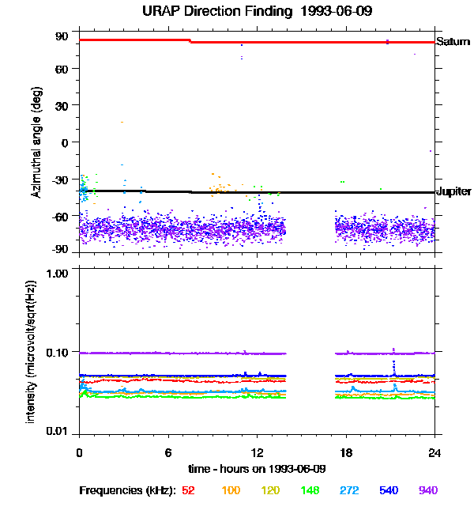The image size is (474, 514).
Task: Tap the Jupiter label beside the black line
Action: click(x=454, y=191)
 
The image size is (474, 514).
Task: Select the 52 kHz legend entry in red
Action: click(x=189, y=490)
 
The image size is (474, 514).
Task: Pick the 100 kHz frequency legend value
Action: click(x=231, y=490)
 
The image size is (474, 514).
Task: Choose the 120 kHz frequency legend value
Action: click(x=270, y=490)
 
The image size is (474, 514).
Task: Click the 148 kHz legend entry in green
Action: click(x=310, y=490)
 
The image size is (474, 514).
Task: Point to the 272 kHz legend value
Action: click(x=349, y=490)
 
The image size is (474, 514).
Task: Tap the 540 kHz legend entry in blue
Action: click(x=389, y=490)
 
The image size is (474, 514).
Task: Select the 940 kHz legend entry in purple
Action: click(x=428, y=490)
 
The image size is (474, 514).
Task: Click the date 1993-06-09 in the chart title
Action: click(x=335, y=11)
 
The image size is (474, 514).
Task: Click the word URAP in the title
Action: click(x=161, y=11)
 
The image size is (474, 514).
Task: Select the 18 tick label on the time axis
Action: click(x=346, y=453)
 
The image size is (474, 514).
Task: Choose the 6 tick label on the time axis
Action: click(x=168, y=453)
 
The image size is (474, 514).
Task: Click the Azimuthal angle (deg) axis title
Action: click(x=37, y=142)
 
